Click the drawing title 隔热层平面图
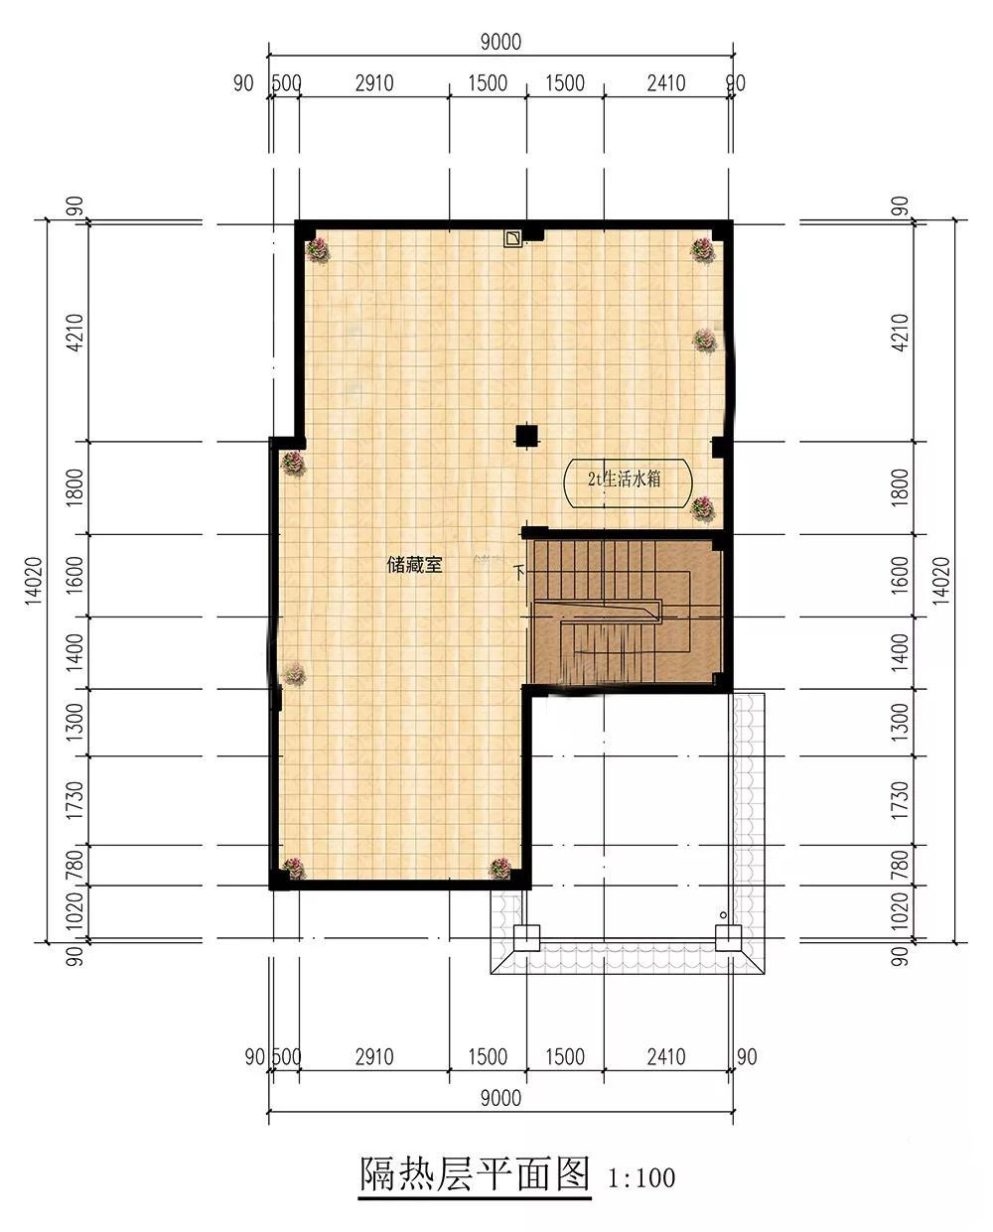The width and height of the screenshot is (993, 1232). tap(475, 1173)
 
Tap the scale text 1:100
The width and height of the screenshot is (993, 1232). tap(641, 1178)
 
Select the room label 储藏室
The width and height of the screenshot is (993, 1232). tap(415, 565)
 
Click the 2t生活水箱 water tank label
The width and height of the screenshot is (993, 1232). tap(625, 479)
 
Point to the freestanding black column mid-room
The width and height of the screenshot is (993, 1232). tap(526, 436)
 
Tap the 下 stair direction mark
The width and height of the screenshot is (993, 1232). tap(519, 572)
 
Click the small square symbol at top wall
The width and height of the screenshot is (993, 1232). tap(513, 238)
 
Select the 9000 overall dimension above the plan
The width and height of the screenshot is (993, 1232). tap(501, 42)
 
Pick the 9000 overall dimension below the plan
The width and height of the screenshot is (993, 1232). tap(501, 1098)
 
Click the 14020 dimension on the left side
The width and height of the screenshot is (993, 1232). tap(34, 580)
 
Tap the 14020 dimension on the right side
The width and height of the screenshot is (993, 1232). tap(941, 580)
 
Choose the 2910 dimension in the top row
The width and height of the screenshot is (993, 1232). tap(374, 83)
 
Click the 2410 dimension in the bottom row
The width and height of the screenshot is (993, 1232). tap(666, 1057)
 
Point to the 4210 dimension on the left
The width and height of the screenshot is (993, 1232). tap(75, 332)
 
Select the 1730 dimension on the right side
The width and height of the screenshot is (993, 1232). tap(901, 800)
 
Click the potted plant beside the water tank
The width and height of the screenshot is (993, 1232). tap(703, 508)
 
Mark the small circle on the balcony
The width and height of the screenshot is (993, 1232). tap(723, 915)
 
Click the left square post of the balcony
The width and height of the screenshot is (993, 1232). tap(526, 938)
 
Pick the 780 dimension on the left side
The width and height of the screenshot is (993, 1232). tap(75, 865)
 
